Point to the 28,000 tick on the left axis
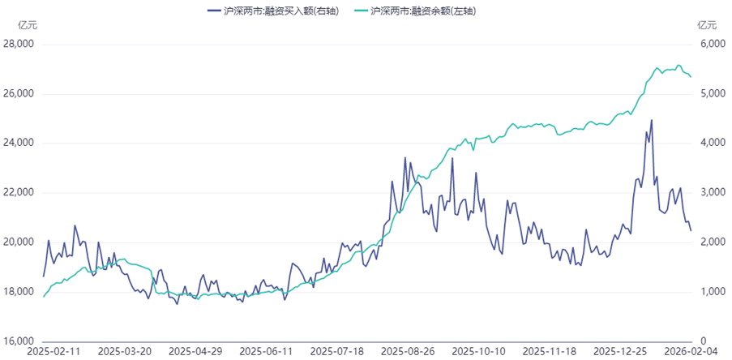19,44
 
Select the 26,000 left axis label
19,93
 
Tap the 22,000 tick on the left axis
19,192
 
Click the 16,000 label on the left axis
19,341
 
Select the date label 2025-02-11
52,352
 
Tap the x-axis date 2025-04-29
195,352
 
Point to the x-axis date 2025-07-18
338,352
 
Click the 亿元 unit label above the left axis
27,24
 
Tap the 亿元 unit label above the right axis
707,24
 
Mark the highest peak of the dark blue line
652,120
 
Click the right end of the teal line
691,77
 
